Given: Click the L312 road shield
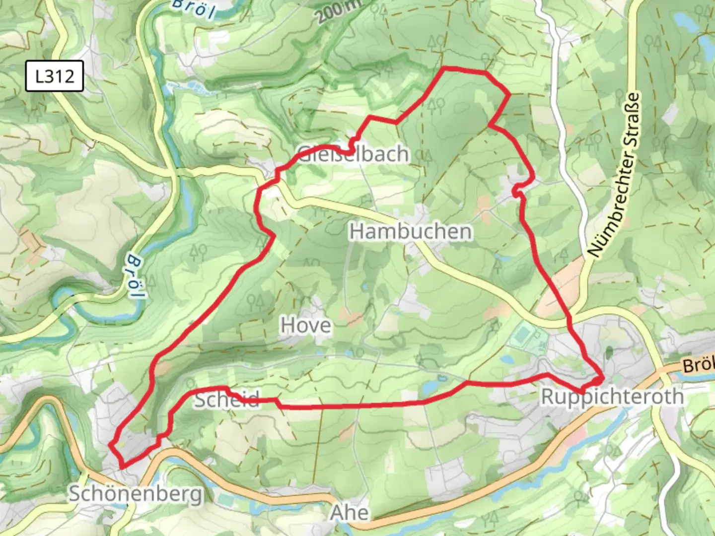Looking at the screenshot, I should click(x=55, y=76).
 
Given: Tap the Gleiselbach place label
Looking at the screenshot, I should click(x=354, y=154).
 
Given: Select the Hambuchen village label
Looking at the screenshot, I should click(x=411, y=232).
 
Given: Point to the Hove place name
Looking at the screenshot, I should click(x=306, y=326).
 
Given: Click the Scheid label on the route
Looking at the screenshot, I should click(x=226, y=399).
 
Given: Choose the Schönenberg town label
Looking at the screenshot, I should click(x=136, y=494).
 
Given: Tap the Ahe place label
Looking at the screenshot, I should click(x=350, y=513).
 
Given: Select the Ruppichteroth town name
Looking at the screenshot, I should click(x=612, y=397).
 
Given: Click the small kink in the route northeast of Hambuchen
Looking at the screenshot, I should click(x=517, y=189).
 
